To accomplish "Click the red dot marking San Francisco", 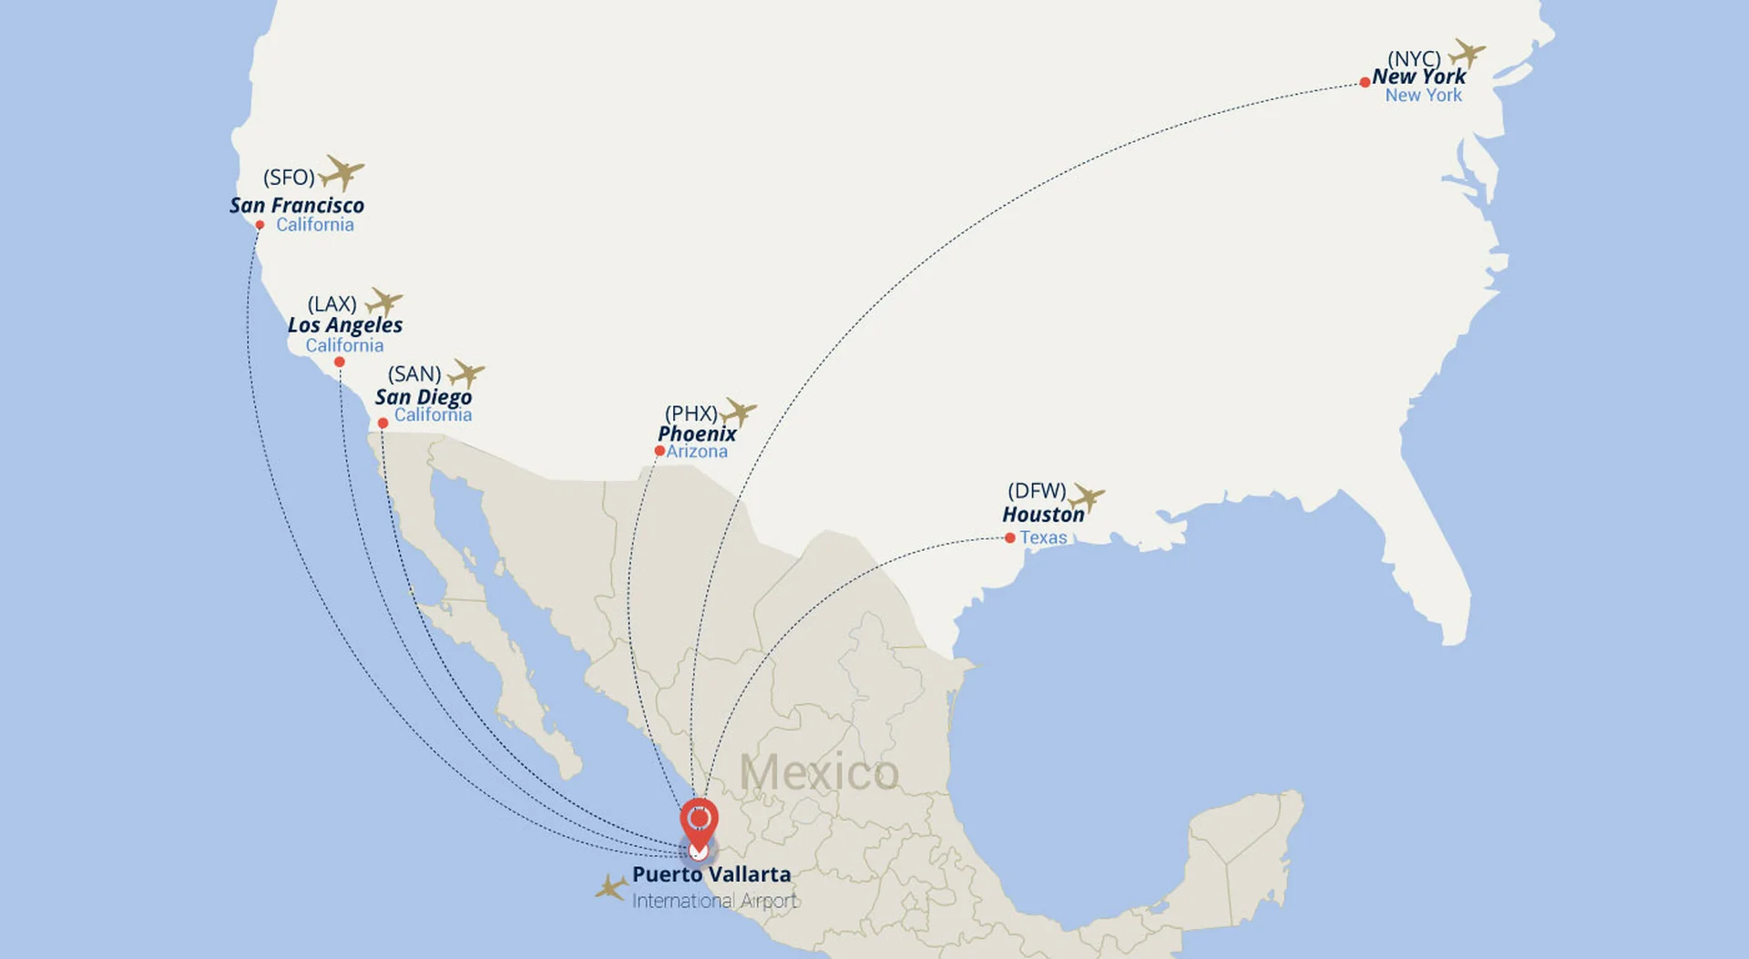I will point(260,225).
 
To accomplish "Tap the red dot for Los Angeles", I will point(340,362).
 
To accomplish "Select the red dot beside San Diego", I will point(383,423).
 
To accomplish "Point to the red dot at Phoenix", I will point(660,451).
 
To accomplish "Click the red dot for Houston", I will point(1009,538).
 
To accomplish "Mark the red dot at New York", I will point(1365,83).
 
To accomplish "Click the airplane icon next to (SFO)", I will point(343,172).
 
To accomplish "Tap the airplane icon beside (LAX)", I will point(384,301).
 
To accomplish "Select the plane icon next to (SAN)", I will point(466,372).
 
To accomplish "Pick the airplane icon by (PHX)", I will point(739,412).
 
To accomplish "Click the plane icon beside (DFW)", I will point(1086,497).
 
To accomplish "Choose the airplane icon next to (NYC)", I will point(1467,53).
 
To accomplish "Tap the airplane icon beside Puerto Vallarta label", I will point(611,887).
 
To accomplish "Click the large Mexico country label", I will point(819,773).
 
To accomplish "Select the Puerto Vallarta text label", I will point(711,874).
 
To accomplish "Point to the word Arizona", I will point(697,452).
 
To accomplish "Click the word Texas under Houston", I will point(1043,537).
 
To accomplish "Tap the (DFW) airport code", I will point(1037,491).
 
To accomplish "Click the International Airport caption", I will point(715,901).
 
